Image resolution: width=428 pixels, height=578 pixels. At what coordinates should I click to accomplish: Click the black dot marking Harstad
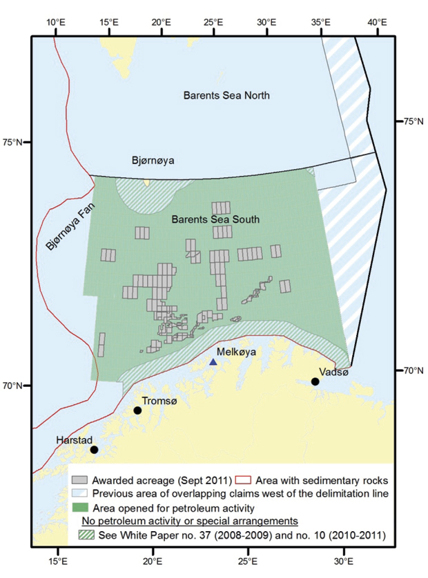94,450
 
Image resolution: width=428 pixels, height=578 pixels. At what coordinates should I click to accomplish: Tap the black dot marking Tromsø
137,410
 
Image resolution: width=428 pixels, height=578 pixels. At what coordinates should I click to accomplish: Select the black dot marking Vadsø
315,381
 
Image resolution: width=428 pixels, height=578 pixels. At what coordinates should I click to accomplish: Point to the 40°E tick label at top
377,21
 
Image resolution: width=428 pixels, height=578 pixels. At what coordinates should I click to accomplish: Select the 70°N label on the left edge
14,386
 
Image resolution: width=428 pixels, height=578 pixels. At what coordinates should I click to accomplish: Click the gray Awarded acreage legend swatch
80,479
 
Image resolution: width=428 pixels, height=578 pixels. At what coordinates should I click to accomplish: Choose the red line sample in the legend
242,479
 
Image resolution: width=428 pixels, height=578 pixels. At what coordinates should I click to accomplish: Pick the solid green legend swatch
80,506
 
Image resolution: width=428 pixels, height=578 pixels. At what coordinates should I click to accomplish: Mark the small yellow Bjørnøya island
146,183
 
